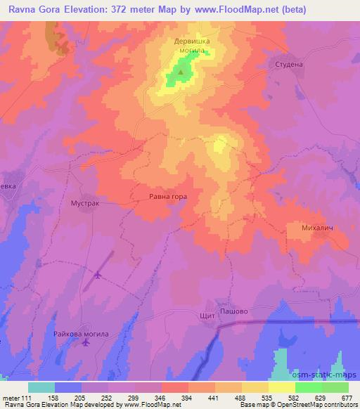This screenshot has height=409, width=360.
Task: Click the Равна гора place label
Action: click(x=168, y=197)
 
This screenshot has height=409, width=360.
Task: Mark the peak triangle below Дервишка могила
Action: click(x=181, y=72)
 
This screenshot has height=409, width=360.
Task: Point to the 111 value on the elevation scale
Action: click(x=29, y=397)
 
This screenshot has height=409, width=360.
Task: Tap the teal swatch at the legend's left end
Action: click(x=41, y=387)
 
